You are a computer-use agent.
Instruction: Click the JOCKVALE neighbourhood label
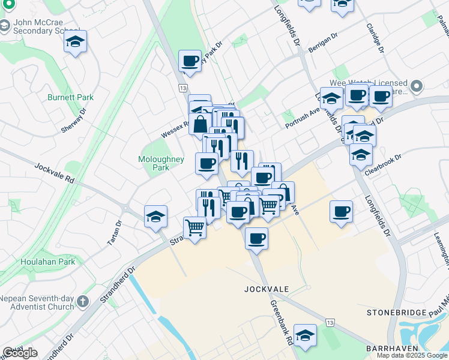267,289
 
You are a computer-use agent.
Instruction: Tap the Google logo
20,353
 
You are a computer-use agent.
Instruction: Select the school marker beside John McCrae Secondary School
76,41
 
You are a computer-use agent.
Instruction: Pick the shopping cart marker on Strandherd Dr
194,228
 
